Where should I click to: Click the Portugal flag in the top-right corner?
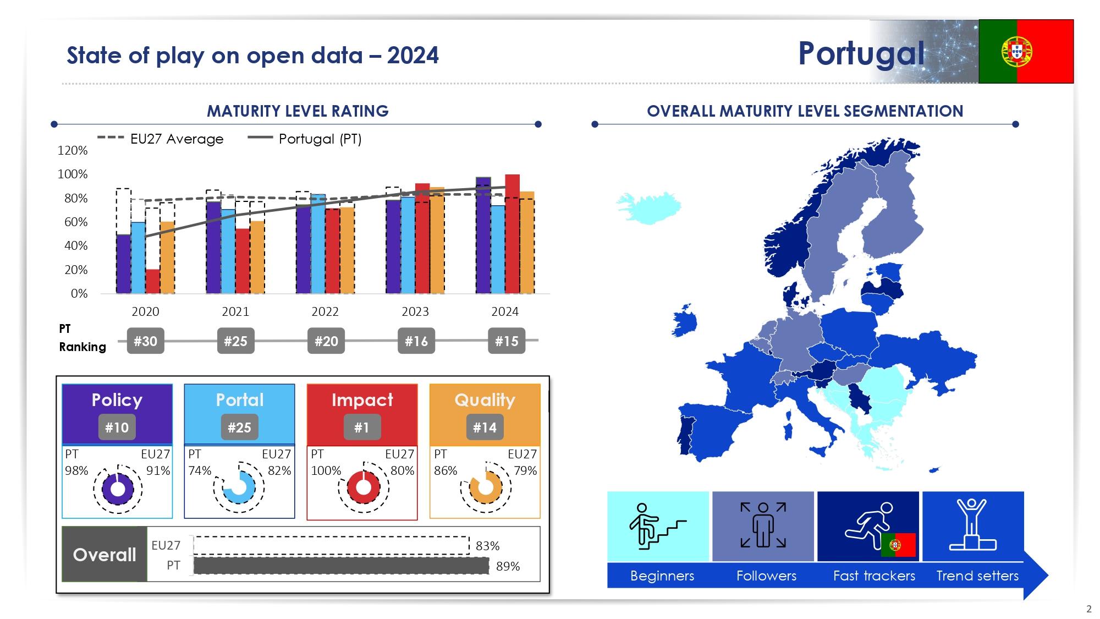pyautogui.click(x=1026, y=51)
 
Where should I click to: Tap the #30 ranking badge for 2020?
pyautogui.click(x=145, y=341)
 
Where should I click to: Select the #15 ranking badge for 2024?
pyautogui.click(x=507, y=341)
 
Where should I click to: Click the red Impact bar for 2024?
pyautogui.click(x=512, y=234)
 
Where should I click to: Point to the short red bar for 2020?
pyautogui.click(x=153, y=281)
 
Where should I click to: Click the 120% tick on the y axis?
pyautogui.click(x=73, y=150)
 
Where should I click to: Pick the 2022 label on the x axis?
pyautogui.click(x=325, y=311)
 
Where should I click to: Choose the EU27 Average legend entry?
pyautogui.click(x=161, y=139)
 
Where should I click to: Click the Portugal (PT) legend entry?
pyautogui.click(x=305, y=139)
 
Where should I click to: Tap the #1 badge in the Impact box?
pyautogui.click(x=362, y=428)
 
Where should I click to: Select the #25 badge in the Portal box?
pyautogui.click(x=239, y=428)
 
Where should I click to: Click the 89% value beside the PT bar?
pyautogui.click(x=508, y=566)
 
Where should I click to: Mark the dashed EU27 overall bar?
pyautogui.click(x=332, y=545)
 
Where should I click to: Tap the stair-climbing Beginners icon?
pyautogui.click(x=658, y=526)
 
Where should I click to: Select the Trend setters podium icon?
pyautogui.click(x=972, y=525)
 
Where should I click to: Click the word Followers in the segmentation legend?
pyautogui.click(x=766, y=576)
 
